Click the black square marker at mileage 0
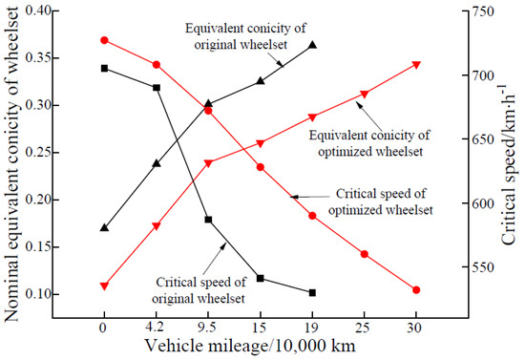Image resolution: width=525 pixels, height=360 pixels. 104,69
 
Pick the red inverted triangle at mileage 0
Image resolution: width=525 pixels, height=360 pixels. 104,286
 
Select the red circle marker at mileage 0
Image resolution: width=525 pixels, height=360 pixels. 104,40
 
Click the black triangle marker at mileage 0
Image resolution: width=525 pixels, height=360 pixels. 104,227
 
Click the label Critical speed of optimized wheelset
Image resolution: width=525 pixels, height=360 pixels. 385,202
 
